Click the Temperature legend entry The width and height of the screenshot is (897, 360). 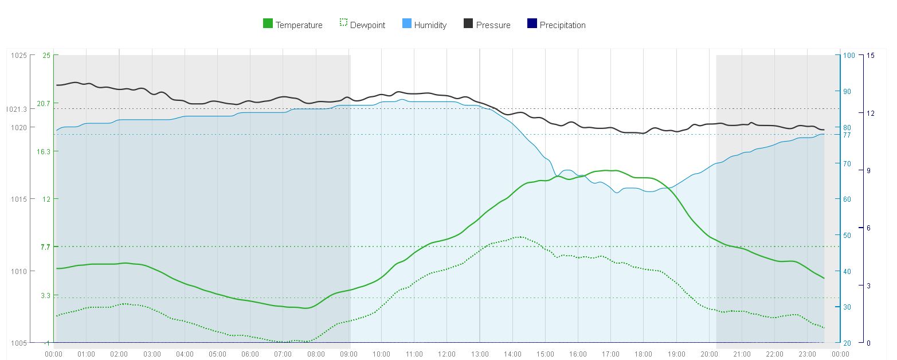292,25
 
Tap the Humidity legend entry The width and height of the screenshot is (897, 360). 424,25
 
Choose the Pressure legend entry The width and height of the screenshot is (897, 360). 487,25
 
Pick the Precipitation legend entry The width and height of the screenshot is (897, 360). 556,25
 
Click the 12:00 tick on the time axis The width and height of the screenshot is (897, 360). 446,354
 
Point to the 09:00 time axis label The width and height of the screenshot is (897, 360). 348,354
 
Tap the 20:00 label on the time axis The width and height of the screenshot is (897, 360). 709,354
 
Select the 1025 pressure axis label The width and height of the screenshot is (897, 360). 18,55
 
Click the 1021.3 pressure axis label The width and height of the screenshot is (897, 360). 17,109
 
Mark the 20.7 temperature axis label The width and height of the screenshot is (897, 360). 44,103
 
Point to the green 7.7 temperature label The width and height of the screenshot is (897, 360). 45,247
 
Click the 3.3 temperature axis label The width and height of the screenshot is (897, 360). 45,295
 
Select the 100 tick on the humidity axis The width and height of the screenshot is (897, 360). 848,56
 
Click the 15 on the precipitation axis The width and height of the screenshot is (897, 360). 870,56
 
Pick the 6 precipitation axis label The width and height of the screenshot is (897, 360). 869,228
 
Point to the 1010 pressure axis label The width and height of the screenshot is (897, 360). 18,271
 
